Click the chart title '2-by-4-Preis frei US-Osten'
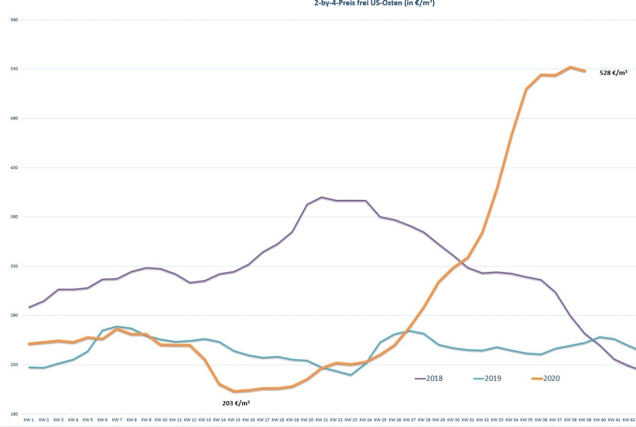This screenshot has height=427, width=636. tap(375, 3)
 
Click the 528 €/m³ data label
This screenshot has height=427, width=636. tap(613, 73)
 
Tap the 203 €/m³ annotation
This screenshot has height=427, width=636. tap(236, 403)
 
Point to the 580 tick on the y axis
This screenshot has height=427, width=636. tap(14, 20)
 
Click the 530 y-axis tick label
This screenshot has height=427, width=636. tap(14, 69)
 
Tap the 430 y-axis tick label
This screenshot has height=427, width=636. tap(14, 168)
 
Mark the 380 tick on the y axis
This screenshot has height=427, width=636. tap(14, 217)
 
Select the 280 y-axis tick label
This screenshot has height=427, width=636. tap(14, 316)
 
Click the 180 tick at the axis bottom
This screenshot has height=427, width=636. tap(14, 414)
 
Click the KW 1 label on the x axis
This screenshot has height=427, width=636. tap(29, 420)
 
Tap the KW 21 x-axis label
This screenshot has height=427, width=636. tap(321, 420)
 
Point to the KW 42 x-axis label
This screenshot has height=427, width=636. tap(629, 420)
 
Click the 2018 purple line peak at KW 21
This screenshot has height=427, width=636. tap(321, 197)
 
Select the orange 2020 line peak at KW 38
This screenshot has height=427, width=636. tap(570, 67)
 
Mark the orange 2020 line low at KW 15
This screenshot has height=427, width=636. tap(234, 391)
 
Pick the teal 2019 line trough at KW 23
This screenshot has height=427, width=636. tap(351, 375)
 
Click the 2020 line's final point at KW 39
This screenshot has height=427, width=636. tap(585, 71)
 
